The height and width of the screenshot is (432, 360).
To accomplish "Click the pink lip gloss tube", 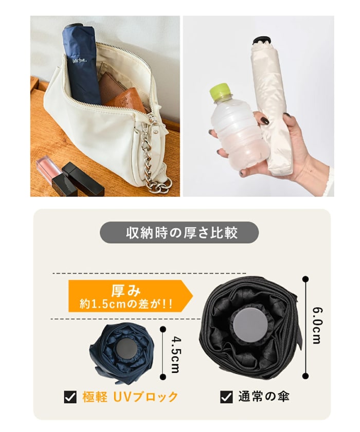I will (x=46, y=170).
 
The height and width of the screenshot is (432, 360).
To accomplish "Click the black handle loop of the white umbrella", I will (x=262, y=40).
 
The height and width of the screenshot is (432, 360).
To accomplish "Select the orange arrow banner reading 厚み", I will (x=129, y=296).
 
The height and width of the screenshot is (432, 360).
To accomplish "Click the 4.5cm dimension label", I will (x=174, y=355).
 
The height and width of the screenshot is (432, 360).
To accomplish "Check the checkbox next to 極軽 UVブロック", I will (x=70, y=397).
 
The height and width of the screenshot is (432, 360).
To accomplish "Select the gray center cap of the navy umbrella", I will (x=125, y=350).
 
